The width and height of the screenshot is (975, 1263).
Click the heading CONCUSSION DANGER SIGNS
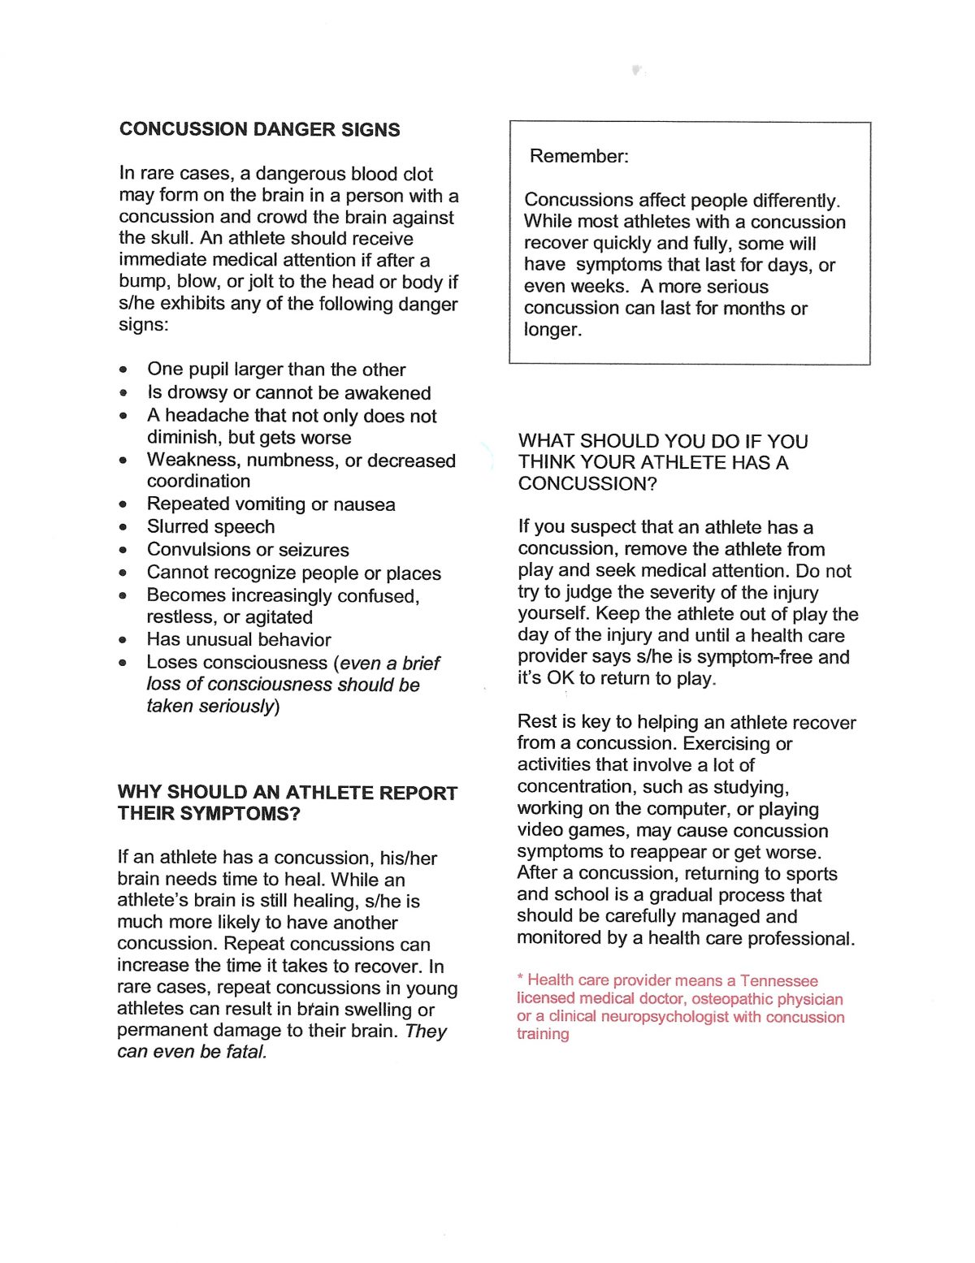pyautogui.click(x=259, y=130)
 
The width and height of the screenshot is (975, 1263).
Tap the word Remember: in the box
pyautogui.click(x=578, y=156)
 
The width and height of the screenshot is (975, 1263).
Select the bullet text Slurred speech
pyautogui.click(x=210, y=527)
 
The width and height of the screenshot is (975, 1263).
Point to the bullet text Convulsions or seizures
pyautogui.click(x=248, y=550)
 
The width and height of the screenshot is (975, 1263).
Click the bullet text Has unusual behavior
pyautogui.click(x=239, y=640)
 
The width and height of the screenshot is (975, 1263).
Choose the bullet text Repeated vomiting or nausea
pyautogui.click(x=271, y=504)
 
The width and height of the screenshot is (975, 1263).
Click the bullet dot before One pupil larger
pyautogui.click(x=123, y=370)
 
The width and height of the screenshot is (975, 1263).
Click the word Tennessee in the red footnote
pyautogui.click(x=778, y=981)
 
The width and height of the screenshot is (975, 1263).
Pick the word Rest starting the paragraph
pyautogui.click(x=536, y=722)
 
